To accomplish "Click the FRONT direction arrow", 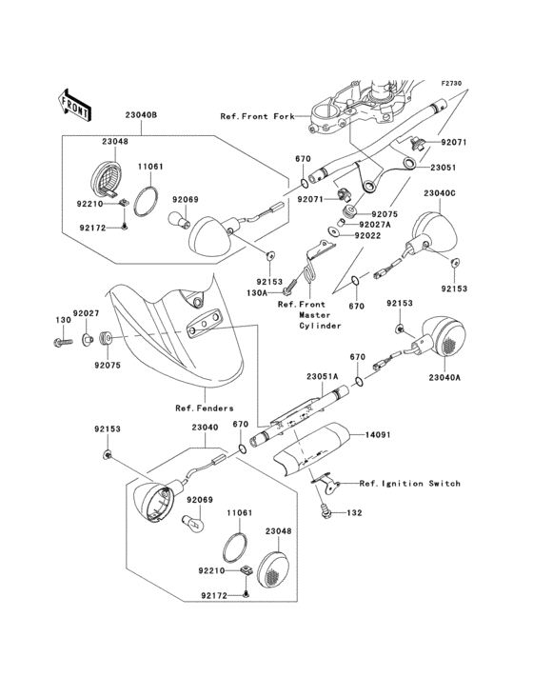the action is (x=74, y=105).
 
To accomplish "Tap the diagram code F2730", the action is (x=451, y=83).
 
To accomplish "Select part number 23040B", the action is (x=141, y=115).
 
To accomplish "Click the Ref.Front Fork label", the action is (x=258, y=116).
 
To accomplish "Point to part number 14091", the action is (x=378, y=434).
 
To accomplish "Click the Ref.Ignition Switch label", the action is (x=410, y=483).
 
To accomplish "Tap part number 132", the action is (x=354, y=513).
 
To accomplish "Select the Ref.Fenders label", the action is (x=205, y=408).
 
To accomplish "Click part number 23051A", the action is (x=322, y=376).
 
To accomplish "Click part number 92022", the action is (x=367, y=235).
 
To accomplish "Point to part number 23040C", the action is (x=440, y=193).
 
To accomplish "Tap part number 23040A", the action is (x=444, y=378).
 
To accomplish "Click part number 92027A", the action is (x=375, y=225).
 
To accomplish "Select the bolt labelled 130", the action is (x=62, y=343).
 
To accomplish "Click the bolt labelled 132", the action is (x=326, y=512).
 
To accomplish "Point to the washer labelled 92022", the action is (x=333, y=231).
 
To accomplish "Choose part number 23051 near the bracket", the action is (x=443, y=168).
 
